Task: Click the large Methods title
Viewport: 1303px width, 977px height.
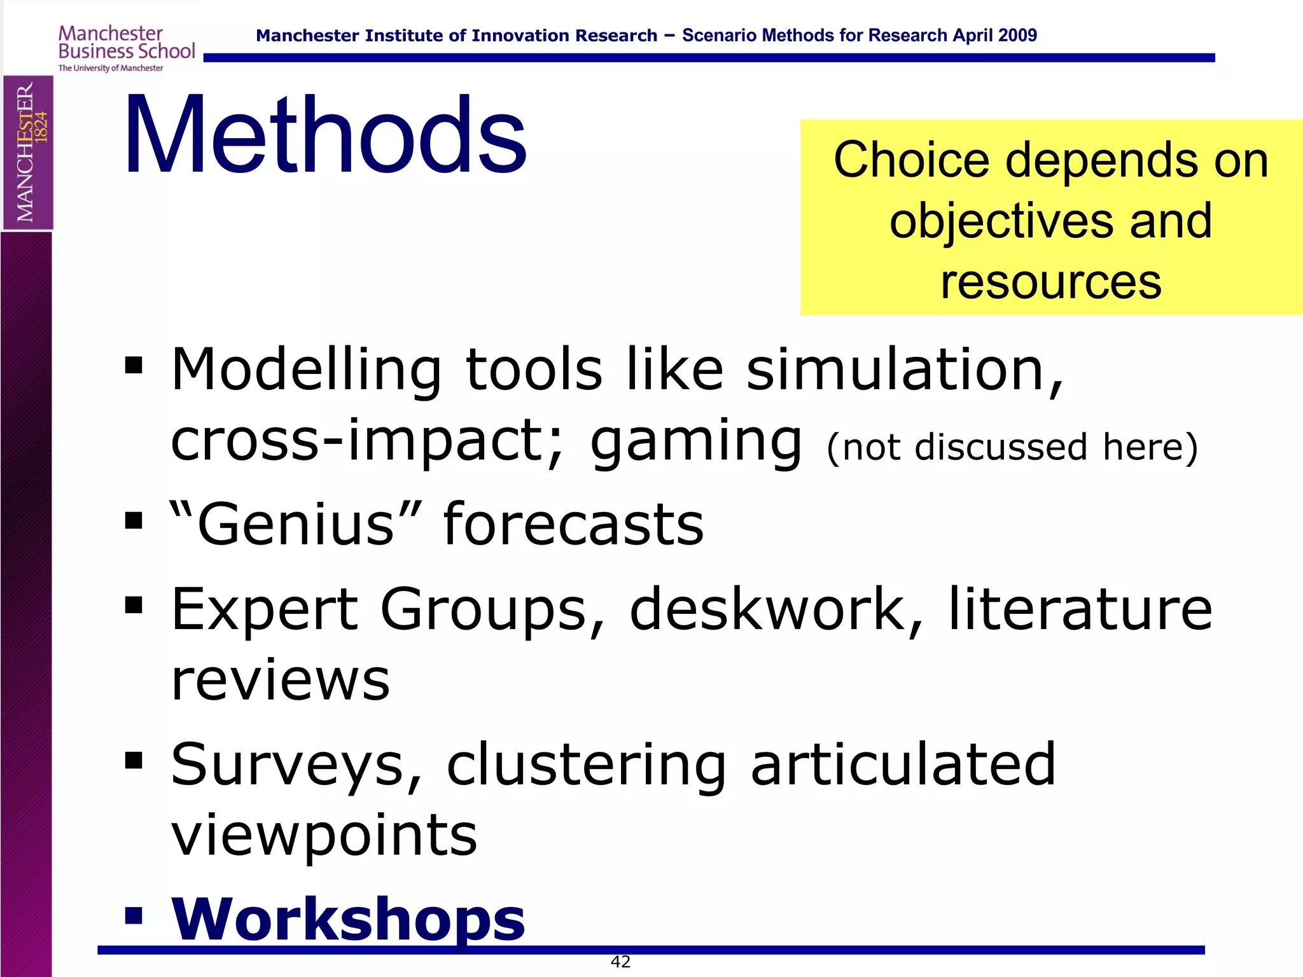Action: pyautogui.click(x=325, y=135)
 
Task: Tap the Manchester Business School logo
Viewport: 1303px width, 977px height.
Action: pyautogui.click(x=126, y=48)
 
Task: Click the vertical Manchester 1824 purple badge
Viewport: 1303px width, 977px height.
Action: pyautogui.click(x=27, y=153)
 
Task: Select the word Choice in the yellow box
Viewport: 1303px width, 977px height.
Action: pyautogui.click(x=912, y=160)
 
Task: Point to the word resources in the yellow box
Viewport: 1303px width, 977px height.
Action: pyautogui.click(x=1051, y=282)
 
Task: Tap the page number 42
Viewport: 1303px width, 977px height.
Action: pyautogui.click(x=620, y=962)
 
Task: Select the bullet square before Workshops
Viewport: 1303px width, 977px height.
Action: pyautogui.click(x=134, y=915)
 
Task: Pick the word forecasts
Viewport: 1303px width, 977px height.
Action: pyautogui.click(x=573, y=524)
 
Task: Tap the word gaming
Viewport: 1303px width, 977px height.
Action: pyautogui.click(x=696, y=441)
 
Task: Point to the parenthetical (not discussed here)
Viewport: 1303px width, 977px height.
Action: pyautogui.click(x=1012, y=447)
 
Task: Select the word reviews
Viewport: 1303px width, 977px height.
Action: pyautogui.click(x=281, y=680)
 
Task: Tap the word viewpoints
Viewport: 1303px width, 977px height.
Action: pyautogui.click(x=324, y=835)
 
